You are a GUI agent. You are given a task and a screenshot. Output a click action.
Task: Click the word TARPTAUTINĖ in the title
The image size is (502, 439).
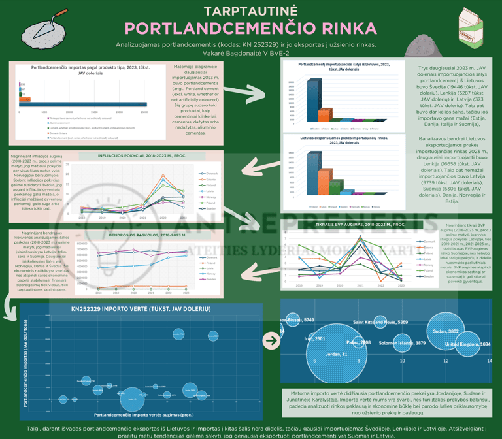251,10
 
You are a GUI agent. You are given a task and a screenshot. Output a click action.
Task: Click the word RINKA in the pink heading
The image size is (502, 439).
346,29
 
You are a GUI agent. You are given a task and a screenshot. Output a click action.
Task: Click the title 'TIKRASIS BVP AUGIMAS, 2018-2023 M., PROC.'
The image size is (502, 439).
354,224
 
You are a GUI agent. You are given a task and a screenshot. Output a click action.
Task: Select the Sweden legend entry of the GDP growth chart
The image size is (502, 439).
427,277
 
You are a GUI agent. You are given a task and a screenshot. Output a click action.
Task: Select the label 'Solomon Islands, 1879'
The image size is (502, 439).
402,343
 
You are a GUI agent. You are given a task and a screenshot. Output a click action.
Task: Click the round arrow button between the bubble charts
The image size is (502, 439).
271,340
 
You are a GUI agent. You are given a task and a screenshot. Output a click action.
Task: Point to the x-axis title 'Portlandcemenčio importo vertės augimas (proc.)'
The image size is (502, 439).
144,414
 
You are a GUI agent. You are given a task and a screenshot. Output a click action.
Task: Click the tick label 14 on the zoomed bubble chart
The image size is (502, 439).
445,361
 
